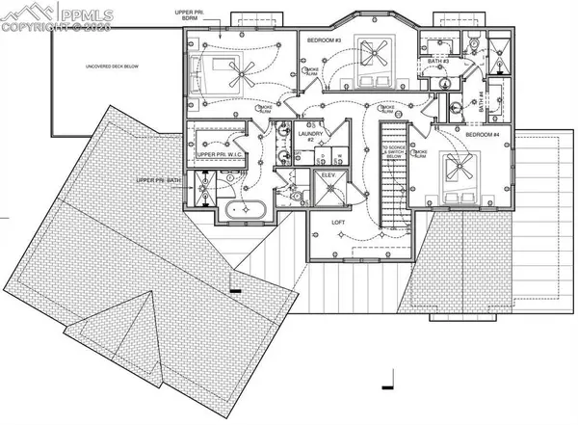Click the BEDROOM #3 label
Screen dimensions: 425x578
(x=325, y=40)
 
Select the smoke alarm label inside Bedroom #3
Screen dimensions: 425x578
(x=313, y=71)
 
